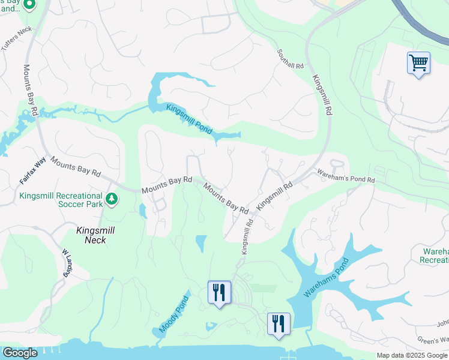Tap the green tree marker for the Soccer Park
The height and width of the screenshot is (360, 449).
point(111,199)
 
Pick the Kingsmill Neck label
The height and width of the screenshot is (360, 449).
point(92,235)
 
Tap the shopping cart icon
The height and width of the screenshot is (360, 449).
point(418,63)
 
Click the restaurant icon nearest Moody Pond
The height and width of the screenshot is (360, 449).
point(219,293)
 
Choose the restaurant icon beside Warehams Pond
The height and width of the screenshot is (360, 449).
point(279,324)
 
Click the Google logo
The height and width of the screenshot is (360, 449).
point(20,352)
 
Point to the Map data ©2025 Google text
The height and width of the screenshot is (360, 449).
point(412,355)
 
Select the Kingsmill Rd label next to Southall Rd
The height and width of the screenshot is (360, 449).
point(323,95)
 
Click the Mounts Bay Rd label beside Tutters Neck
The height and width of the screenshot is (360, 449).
point(31,90)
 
